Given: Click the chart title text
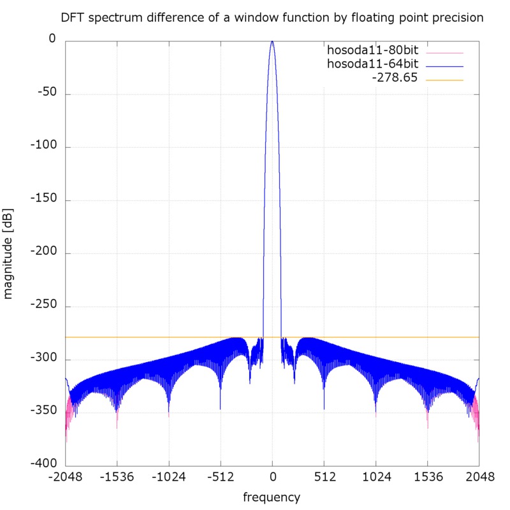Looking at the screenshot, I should click(272, 18).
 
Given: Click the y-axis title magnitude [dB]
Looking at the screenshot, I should click(10, 253).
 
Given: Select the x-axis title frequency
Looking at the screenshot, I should click(272, 497).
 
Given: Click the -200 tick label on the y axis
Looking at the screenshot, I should click(43, 253).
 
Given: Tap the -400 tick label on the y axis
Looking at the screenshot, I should click(43, 465).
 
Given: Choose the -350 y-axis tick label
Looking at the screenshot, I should click(43, 412).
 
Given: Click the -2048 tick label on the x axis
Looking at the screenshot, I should click(65, 477).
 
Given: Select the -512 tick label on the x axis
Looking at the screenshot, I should click(220, 477).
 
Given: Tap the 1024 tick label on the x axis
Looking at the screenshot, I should click(375, 477).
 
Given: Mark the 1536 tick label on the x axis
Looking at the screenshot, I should click(427, 477).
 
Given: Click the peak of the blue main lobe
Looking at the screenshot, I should click(272, 41).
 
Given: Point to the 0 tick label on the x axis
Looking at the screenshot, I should click(272, 477).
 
